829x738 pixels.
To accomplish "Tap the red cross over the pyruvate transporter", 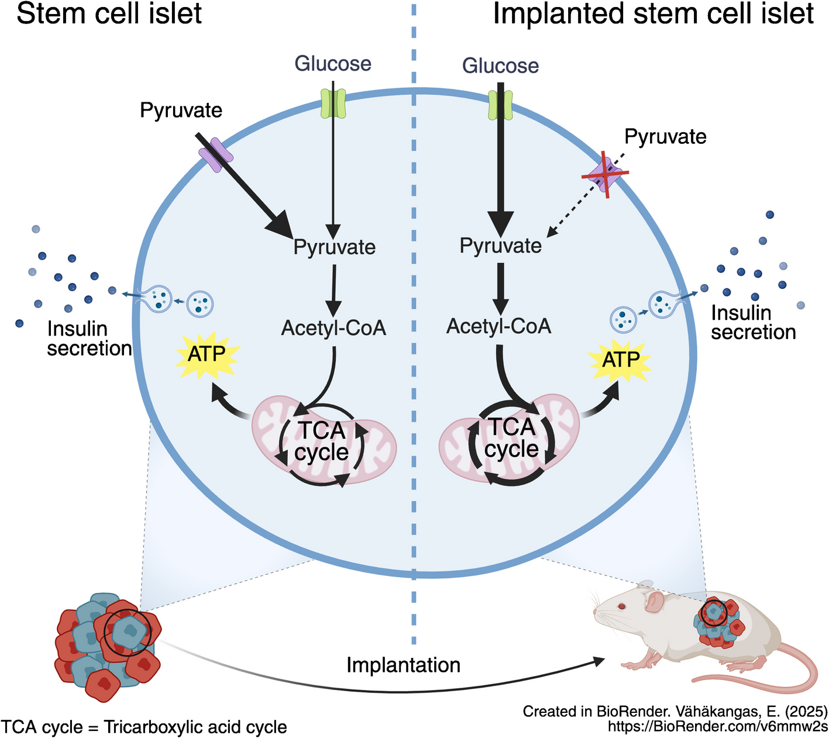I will pos(605,174).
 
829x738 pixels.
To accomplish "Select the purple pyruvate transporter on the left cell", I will pos(216,154).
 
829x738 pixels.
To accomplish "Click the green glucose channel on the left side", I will pos(333,103).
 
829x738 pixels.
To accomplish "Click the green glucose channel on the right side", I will pos(500,105).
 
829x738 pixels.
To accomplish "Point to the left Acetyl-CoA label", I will pos(333,328).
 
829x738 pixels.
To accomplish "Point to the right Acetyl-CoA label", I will pos(499,326).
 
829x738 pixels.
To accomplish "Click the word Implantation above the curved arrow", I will pos(403,665).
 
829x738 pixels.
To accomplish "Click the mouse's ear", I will pos(655,601).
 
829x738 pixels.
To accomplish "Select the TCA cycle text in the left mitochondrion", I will pos(322,442).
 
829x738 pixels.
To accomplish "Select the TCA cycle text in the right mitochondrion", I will pos(511,438).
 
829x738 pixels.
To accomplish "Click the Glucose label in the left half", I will pos(333,63).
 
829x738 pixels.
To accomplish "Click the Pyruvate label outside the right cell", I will pos(665,137).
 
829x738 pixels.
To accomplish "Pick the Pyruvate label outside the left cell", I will pos(181,110).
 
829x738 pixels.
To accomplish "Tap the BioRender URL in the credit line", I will pos(718,727).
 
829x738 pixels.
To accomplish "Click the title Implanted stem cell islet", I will pos(653,14).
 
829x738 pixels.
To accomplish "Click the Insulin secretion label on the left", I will pos(89,339).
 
